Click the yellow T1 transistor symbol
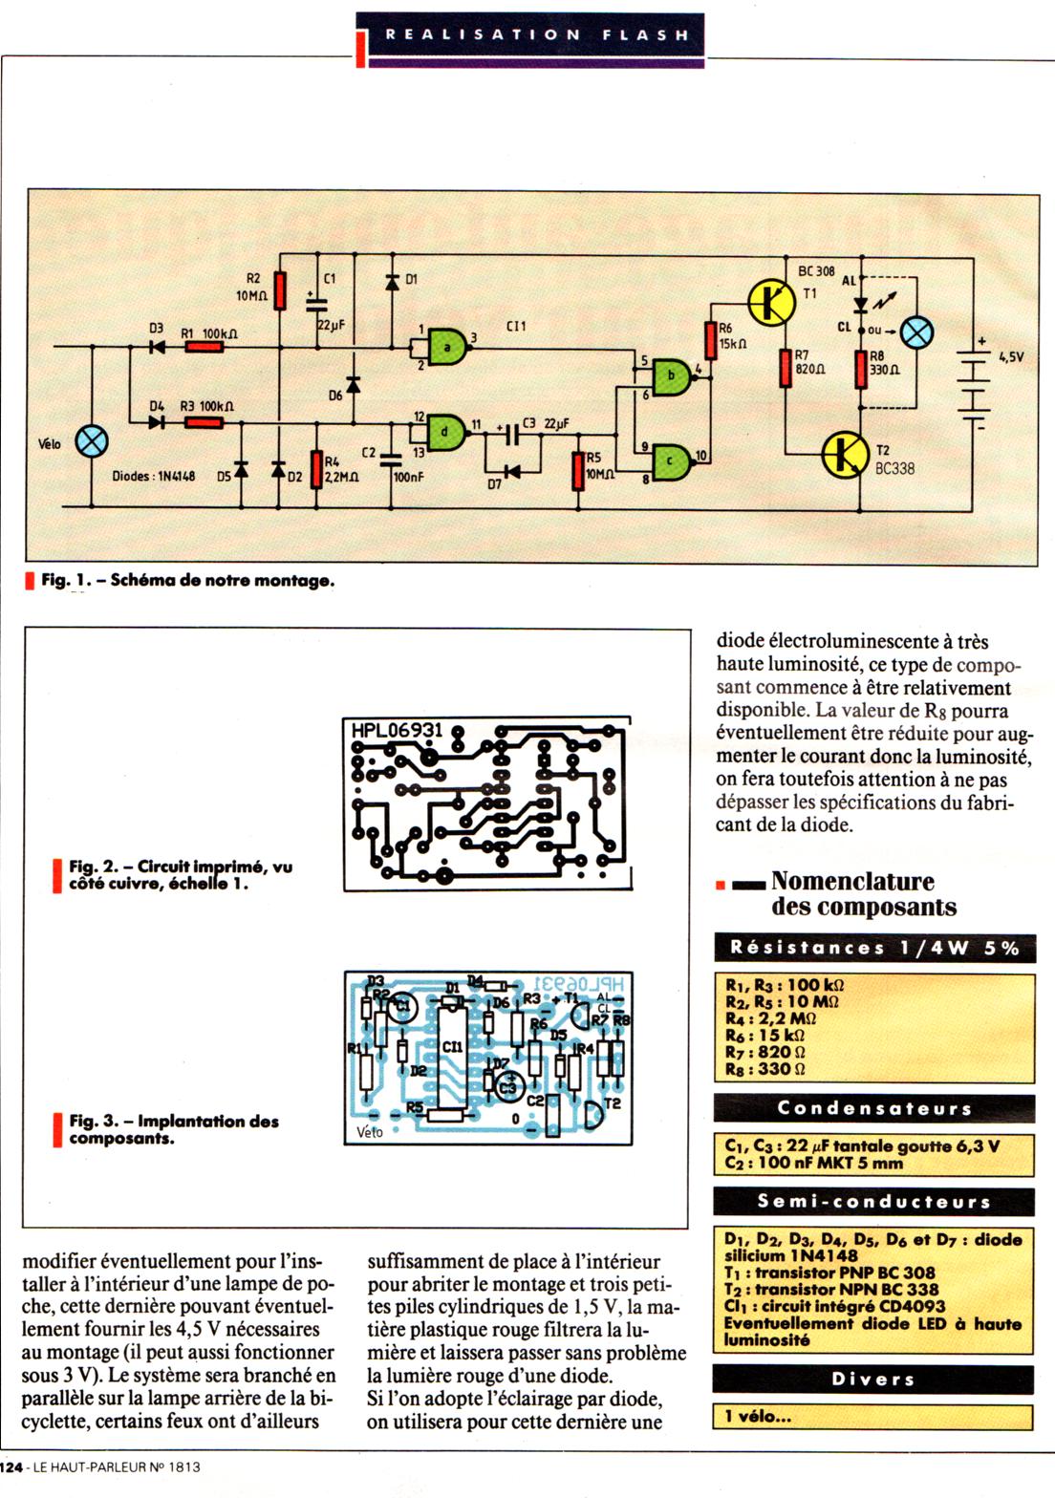[x=772, y=303]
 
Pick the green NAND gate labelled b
[x=674, y=374]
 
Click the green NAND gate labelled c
[x=674, y=460]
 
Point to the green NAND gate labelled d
[x=446, y=432]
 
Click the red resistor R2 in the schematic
[x=280, y=290]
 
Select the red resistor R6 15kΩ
[x=710, y=340]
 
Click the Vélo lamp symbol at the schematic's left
[x=92, y=441]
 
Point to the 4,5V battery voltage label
[x=1011, y=356]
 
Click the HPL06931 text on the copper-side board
[x=397, y=731]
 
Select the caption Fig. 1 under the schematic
[x=187, y=580]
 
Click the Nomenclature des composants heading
[x=851, y=893]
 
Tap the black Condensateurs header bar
[x=873, y=1108]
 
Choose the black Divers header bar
[x=873, y=1379]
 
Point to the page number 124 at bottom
[x=11, y=1466]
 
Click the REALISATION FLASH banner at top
[x=535, y=34]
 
